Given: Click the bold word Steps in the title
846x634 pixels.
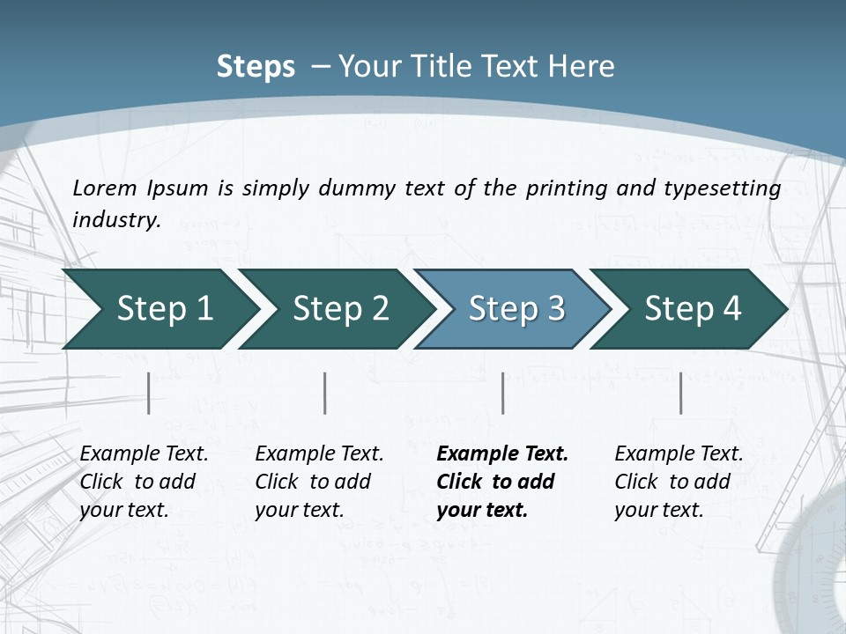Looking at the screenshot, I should [256, 67].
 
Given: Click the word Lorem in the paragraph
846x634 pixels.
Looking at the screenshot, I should [105, 188].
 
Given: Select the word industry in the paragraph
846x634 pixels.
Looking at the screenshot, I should [116, 219].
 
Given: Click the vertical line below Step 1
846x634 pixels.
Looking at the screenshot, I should [149, 393].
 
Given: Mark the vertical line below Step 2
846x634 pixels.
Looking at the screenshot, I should [325, 393].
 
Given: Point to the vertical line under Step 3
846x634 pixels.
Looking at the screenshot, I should [502, 393].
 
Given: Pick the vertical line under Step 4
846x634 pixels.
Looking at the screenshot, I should [680, 393].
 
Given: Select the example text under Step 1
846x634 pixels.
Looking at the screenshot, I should [144, 482].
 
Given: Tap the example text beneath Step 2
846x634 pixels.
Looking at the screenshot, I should [319, 482].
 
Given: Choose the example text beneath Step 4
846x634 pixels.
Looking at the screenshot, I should [679, 482].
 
